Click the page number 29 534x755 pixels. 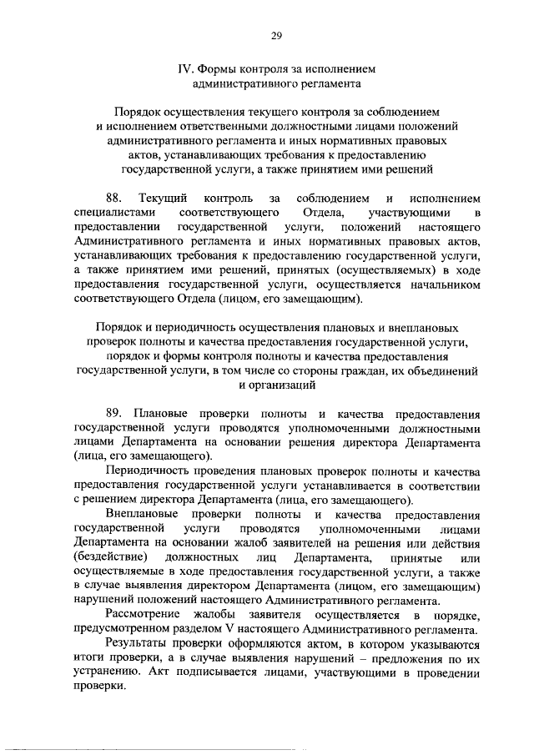click(275, 36)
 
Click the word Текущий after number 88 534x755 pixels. click(163, 199)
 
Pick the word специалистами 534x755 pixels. click(109, 213)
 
